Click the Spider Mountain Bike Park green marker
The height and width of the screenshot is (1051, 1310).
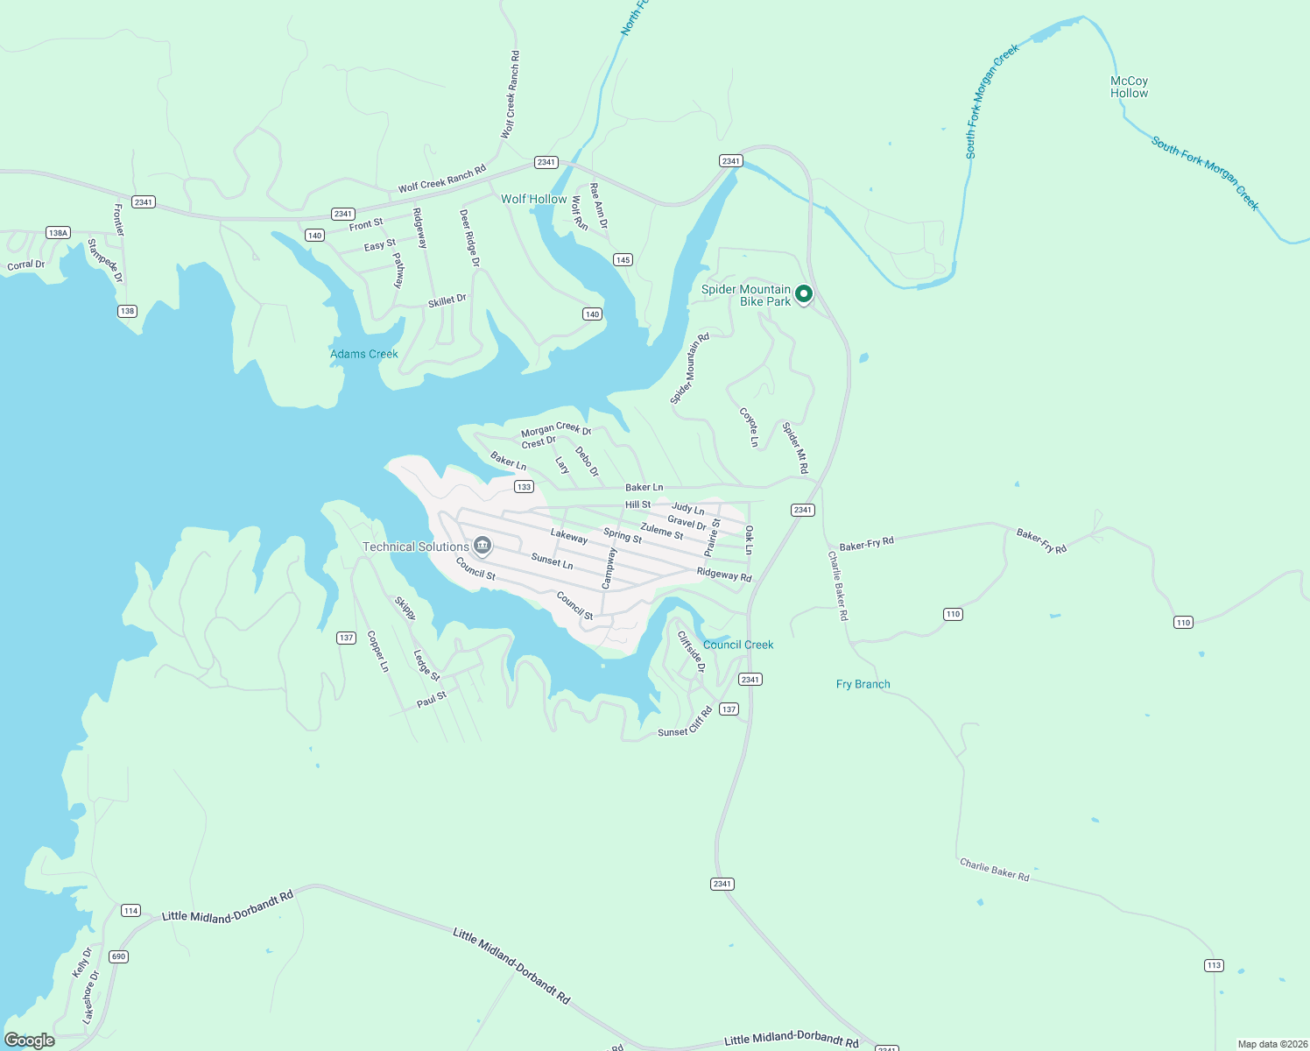tap(803, 294)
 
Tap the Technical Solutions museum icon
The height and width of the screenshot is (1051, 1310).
tap(482, 547)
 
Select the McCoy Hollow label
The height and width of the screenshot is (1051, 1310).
tap(1129, 87)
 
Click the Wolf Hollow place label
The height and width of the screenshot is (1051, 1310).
tap(533, 199)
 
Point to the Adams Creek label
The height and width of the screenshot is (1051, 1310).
tap(363, 354)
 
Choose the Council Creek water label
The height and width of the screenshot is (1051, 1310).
tap(738, 645)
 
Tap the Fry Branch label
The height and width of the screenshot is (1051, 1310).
tap(863, 684)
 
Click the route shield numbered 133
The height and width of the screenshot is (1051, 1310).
tap(524, 487)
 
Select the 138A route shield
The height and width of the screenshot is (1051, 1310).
tap(58, 233)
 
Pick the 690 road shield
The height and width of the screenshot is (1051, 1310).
tap(119, 956)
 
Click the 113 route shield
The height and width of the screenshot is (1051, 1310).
tap(1213, 965)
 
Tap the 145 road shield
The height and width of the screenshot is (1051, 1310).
tap(623, 259)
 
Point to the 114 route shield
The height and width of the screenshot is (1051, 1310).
tap(130, 910)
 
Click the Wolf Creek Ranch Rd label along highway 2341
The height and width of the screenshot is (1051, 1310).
tap(441, 180)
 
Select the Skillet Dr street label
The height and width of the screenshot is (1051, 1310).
tap(447, 300)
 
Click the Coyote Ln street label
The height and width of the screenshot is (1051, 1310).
tap(749, 427)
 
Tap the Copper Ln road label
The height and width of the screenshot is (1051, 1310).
tap(377, 651)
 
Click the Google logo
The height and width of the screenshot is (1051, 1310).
tap(30, 1040)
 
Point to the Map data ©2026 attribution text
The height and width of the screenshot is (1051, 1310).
tap(1271, 1044)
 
